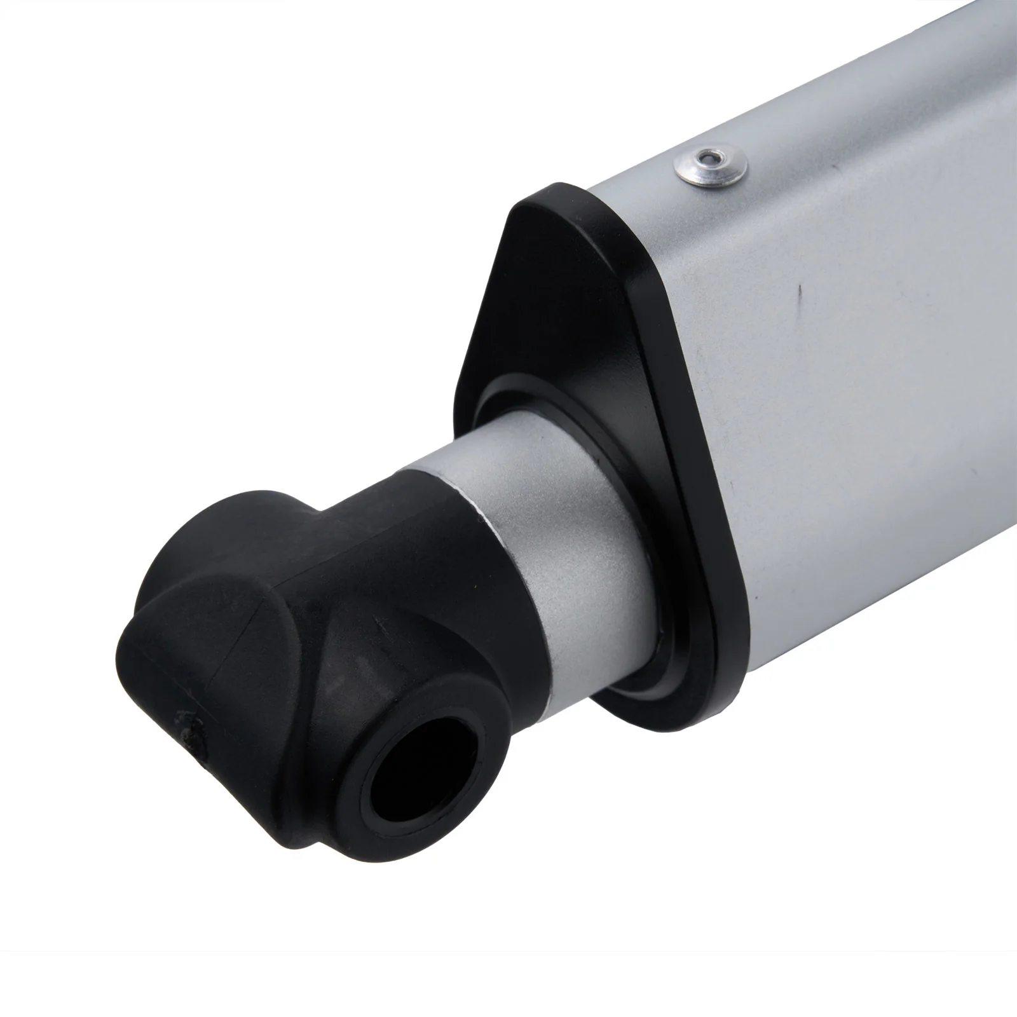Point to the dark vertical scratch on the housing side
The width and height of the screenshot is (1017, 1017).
tap(802, 296)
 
